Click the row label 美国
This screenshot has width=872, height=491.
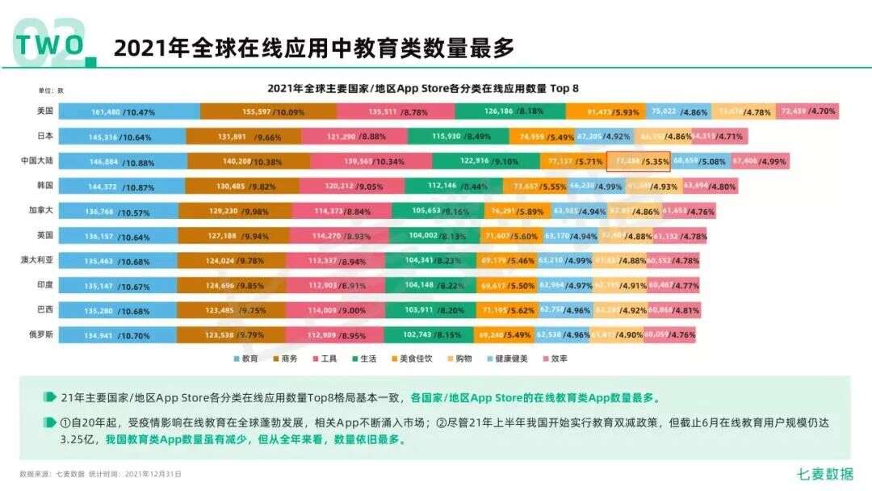click(x=44, y=111)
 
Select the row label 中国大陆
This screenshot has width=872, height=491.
click(x=37, y=161)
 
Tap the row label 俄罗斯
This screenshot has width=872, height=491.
click(x=40, y=334)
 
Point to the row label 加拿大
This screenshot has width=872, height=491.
click(x=40, y=210)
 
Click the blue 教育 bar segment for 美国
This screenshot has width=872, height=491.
click(x=129, y=111)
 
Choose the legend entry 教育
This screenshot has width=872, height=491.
click(x=245, y=358)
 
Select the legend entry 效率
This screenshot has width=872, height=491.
click(x=553, y=358)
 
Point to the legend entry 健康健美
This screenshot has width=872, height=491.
click(x=507, y=358)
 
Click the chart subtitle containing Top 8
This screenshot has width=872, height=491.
click(x=423, y=87)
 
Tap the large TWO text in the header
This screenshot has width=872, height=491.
click(x=50, y=45)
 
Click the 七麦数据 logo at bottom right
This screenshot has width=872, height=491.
click(x=825, y=474)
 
